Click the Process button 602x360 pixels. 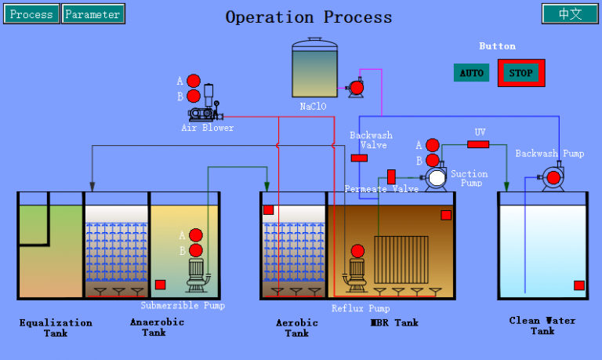[31, 14]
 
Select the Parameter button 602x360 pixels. [92, 14]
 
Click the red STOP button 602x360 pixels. [521, 73]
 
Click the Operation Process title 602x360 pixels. [309, 16]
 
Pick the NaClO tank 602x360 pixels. [314, 69]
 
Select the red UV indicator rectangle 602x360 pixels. [478, 144]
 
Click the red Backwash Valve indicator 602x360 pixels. [359, 158]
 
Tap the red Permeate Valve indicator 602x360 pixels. [391, 176]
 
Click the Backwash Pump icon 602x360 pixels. [553, 178]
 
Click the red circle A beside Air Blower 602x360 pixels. [194, 81]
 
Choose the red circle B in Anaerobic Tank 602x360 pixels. [195, 250]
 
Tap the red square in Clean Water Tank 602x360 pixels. [578, 285]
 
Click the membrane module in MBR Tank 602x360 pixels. [401, 259]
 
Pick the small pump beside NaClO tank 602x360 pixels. [356, 88]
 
